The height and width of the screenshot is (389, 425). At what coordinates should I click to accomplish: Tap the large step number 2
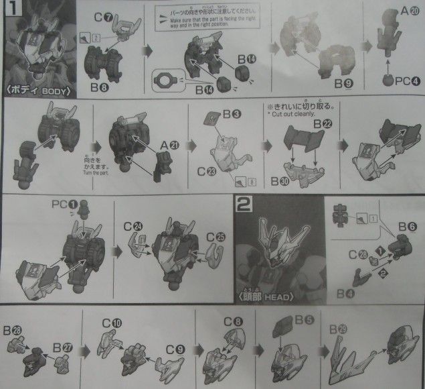(243, 205)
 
